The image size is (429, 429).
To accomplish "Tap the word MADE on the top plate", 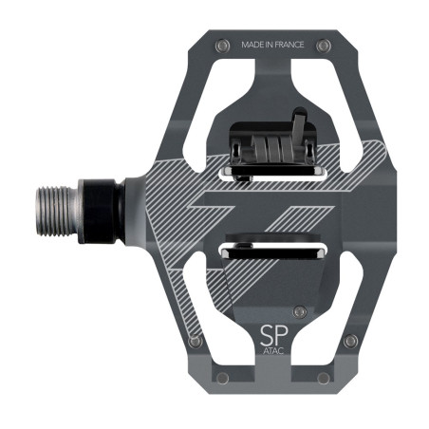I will click(255, 45).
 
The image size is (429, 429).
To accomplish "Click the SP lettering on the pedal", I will click(272, 336).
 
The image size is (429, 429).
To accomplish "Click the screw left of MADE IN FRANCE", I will click(222, 45).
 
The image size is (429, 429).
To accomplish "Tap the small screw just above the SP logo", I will click(300, 311).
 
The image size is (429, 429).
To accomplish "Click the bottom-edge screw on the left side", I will click(222, 378).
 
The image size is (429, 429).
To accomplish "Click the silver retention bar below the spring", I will click(272, 170).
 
